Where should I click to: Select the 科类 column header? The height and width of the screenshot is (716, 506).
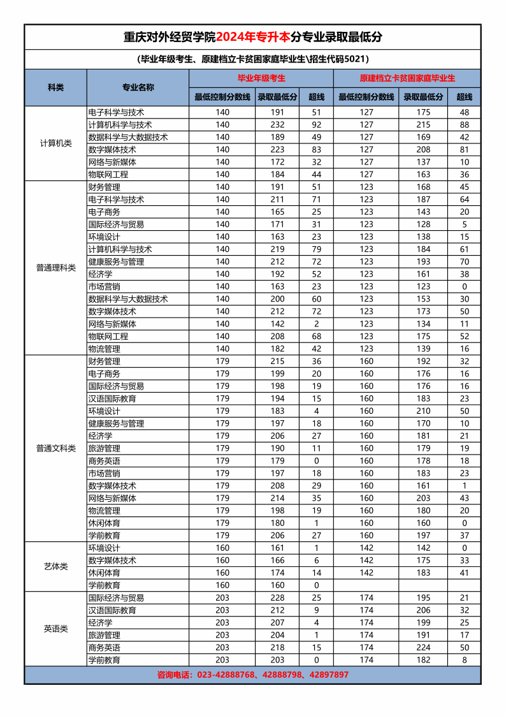pos(55,87)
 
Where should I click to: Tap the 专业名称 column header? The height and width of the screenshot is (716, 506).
pos(138,87)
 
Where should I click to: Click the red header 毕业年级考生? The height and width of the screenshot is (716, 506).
pos(261,78)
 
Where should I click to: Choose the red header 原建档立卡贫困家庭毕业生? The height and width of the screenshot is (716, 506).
pos(407,78)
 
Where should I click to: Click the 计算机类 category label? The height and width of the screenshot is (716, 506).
pos(55,143)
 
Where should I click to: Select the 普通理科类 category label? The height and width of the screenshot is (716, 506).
pos(55,268)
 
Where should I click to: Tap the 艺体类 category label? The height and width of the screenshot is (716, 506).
pos(55,566)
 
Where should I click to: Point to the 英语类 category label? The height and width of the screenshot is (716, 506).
pos(55,629)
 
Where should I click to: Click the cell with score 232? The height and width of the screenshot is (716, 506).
pos(277,125)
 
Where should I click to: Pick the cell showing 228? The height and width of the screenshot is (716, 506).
pos(277,598)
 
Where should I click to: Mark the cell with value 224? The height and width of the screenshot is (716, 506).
pos(423,648)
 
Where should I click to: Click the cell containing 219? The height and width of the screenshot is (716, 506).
pos(277,249)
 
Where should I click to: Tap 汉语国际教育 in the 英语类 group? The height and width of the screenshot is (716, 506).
pos(112,610)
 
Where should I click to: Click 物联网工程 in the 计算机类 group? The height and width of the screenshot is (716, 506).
pos(108,175)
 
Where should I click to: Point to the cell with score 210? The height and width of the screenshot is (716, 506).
pos(423,411)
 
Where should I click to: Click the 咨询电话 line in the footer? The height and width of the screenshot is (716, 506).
pos(253,675)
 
